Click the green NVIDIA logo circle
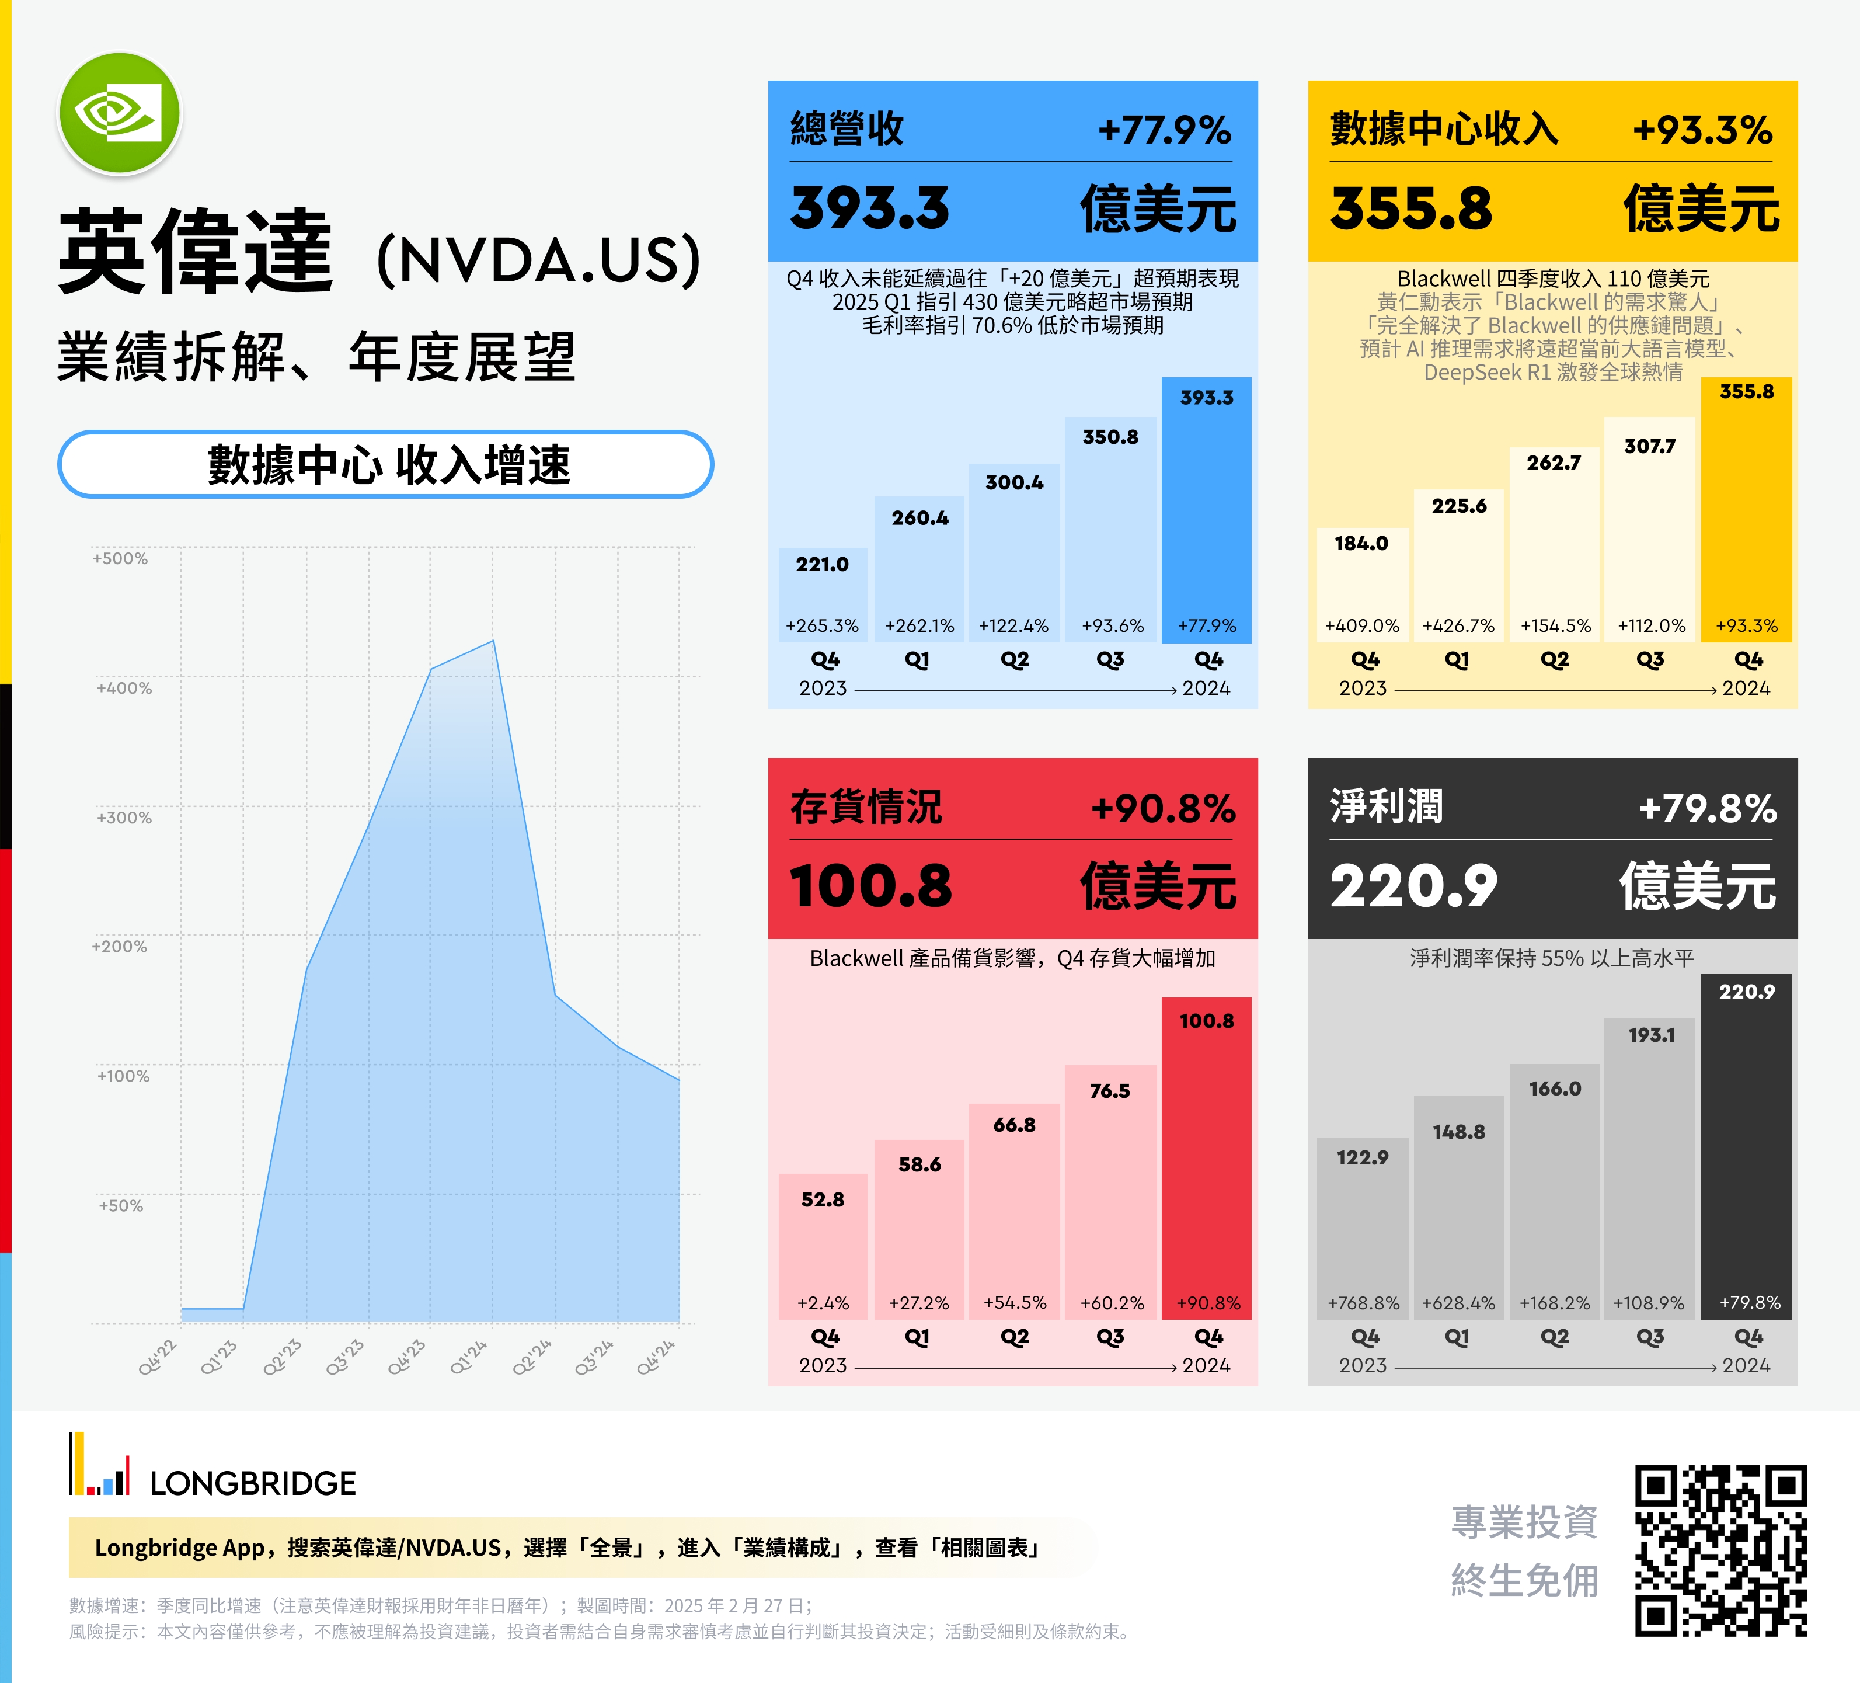tap(120, 113)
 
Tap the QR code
tap(1720, 1550)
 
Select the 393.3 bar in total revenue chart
tap(1206, 509)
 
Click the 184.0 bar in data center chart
tap(1363, 584)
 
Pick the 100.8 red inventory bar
tap(1206, 1158)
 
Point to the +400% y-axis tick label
tap(124, 687)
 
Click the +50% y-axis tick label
tap(121, 1205)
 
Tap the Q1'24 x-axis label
tap(468, 1357)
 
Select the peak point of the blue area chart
tap(493, 641)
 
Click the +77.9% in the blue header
tap(1164, 130)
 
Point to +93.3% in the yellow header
tap(1703, 130)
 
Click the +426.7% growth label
tap(1459, 625)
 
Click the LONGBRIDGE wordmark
tap(253, 1484)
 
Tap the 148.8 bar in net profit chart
tap(1459, 1207)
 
